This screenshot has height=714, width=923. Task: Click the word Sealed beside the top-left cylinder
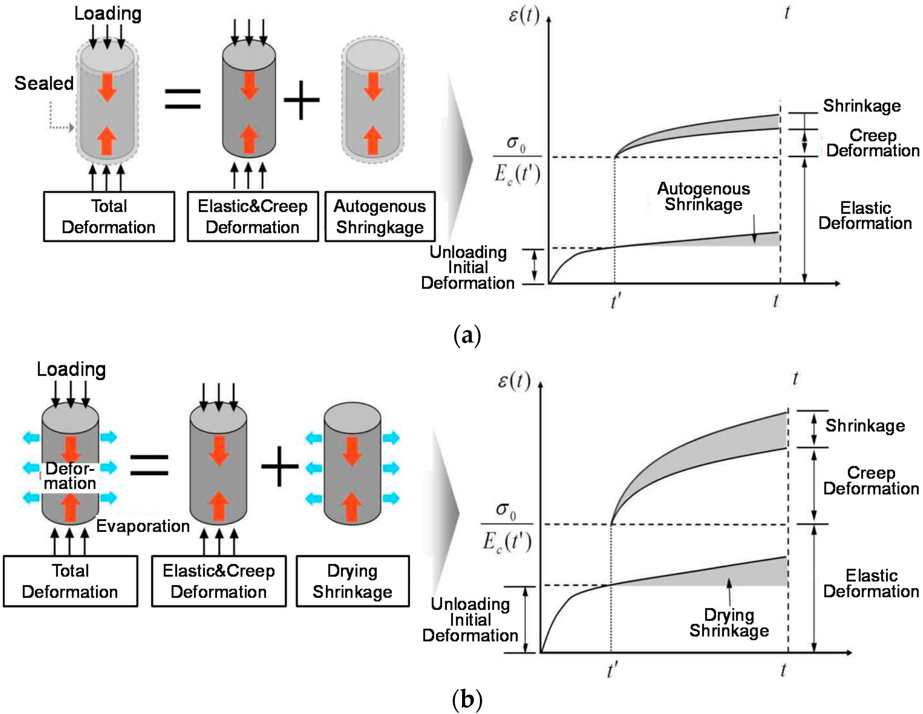tap(44, 83)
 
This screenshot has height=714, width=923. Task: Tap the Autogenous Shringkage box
tap(380, 217)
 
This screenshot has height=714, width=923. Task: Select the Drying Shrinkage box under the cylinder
tap(352, 581)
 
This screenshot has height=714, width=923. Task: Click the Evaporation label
tap(143, 526)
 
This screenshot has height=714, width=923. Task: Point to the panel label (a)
tap(467, 336)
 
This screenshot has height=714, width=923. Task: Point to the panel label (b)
tap(467, 699)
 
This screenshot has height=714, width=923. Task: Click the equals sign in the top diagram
tap(183, 99)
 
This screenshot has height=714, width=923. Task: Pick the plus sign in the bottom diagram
tap(280, 467)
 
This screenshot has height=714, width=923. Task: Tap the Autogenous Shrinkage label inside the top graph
tap(704, 196)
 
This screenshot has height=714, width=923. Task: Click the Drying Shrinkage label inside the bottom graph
tap(729, 623)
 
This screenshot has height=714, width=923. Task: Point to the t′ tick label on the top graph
tap(616, 301)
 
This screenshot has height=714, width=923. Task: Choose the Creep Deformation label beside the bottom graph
tap(871, 480)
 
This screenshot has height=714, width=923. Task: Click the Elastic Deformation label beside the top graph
tap(865, 216)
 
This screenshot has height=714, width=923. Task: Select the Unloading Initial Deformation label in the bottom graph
tap(470, 620)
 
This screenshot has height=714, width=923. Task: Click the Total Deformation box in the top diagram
tap(109, 217)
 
